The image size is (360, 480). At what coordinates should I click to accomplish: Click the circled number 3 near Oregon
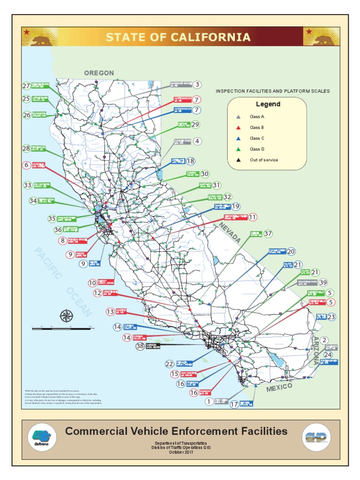(197, 85)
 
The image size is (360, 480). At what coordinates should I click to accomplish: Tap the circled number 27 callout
(26, 86)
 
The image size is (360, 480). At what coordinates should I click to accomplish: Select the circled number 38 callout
(140, 346)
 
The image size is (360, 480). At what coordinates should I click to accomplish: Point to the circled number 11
(253, 217)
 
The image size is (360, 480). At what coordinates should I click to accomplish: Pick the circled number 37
(268, 233)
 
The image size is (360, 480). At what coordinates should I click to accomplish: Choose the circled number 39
(323, 282)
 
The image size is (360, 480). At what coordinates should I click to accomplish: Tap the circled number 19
(235, 206)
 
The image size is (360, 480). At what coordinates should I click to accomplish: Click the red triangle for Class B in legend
(239, 127)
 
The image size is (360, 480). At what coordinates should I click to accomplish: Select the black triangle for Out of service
(239, 160)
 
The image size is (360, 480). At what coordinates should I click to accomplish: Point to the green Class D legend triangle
(239, 149)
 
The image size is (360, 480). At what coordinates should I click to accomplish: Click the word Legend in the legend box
(268, 104)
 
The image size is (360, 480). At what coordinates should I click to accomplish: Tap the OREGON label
(99, 73)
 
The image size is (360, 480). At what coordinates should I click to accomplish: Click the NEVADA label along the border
(232, 233)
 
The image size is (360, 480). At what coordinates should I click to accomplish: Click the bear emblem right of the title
(321, 37)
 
